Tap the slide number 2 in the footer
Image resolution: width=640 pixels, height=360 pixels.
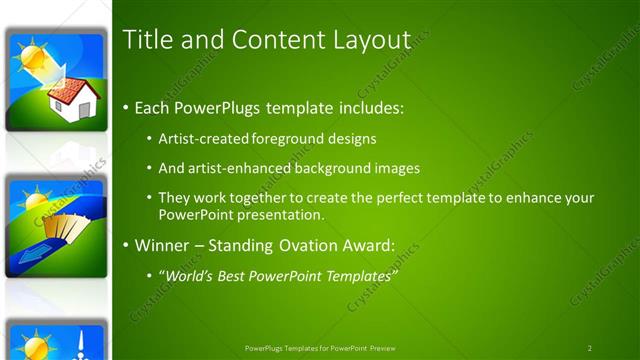click(x=589, y=348)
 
